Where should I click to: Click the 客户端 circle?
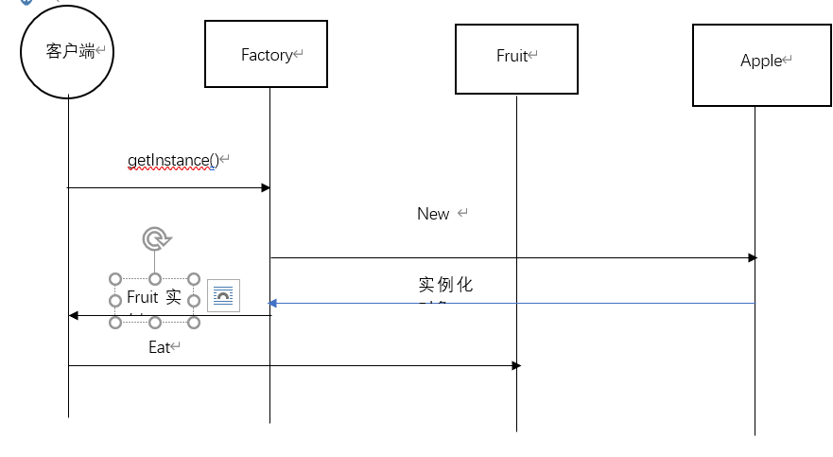click(x=68, y=51)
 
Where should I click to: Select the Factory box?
click(x=266, y=55)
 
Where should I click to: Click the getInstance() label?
click(x=174, y=161)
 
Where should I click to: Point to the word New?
click(x=433, y=214)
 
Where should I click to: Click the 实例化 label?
click(x=445, y=285)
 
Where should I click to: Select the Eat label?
click(x=161, y=347)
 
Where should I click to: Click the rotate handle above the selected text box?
click(x=155, y=238)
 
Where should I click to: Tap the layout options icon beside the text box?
click(x=224, y=296)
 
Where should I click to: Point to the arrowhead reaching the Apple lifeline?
click(x=752, y=257)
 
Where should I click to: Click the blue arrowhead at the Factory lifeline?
click(x=272, y=304)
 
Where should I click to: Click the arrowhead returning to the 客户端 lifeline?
click(x=73, y=315)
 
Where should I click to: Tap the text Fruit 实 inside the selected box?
click(x=154, y=297)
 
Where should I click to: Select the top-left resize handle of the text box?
click(x=115, y=279)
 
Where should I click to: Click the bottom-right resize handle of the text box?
click(x=194, y=323)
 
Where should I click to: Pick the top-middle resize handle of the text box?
click(x=155, y=279)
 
